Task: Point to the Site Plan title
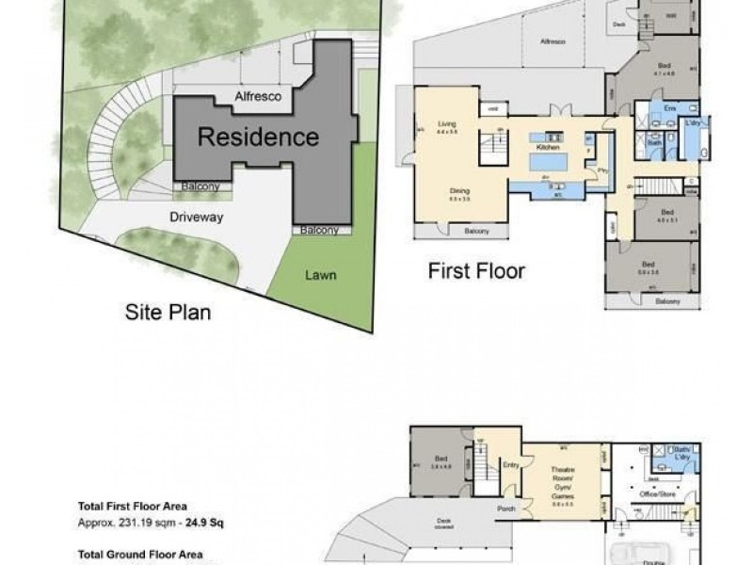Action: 168,312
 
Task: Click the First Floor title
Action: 476,272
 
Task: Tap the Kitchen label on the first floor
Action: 548,149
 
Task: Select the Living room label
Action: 446,123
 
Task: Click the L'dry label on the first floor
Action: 695,123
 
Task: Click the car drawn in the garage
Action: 642,554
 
